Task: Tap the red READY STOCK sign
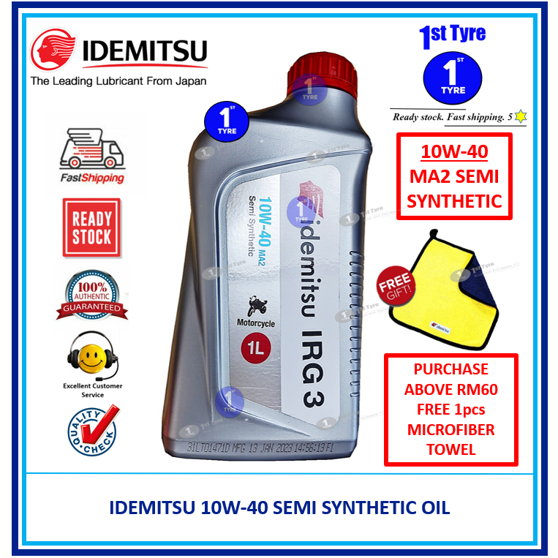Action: pyautogui.click(x=92, y=227)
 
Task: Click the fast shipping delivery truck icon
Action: pyautogui.click(x=91, y=150)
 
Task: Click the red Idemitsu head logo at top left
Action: pyautogui.click(x=53, y=51)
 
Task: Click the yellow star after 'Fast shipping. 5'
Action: pyautogui.click(x=521, y=116)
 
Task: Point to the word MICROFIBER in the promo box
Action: pyautogui.click(x=451, y=429)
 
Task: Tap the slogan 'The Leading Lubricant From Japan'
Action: pyautogui.click(x=118, y=81)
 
